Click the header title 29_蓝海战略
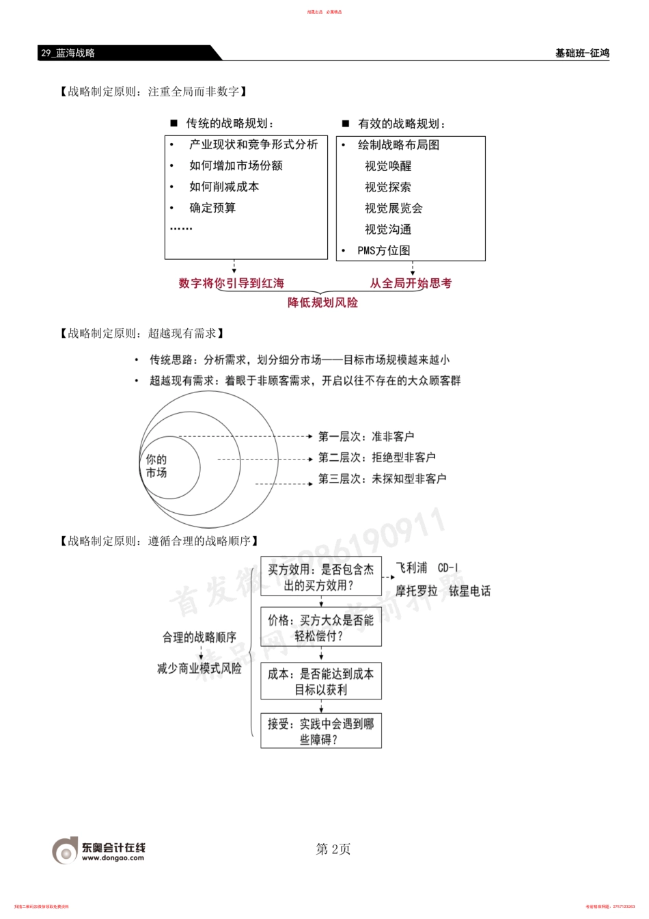tap(68, 53)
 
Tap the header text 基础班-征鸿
tap(581, 53)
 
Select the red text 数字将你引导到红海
tap(231, 283)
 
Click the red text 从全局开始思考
tap(411, 283)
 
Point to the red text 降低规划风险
tap(322, 302)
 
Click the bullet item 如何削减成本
tap(224, 187)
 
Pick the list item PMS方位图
tap(384, 251)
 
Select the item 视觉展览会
tap(393, 209)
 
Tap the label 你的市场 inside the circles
tap(156, 466)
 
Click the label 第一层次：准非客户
tap(366, 436)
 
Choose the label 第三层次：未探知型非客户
tap(382, 479)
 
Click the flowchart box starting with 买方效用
tap(320, 577)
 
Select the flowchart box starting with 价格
tap(320, 628)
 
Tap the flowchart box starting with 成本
tap(320, 681)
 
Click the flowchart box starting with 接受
tap(320, 731)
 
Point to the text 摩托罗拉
tap(416, 591)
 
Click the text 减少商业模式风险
tap(199, 668)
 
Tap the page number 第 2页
tap(333, 849)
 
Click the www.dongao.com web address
tap(113, 858)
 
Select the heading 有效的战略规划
tap(402, 124)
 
